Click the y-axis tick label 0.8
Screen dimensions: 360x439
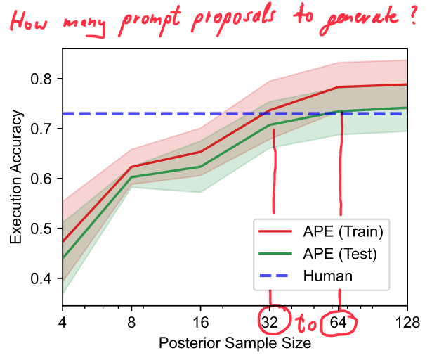(x=41, y=79)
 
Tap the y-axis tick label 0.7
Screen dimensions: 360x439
(x=41, y=129)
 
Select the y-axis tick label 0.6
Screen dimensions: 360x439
(x=41, y=179)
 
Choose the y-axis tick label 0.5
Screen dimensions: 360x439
(x=41, y=229)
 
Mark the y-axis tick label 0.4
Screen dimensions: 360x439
(x=41, y=278)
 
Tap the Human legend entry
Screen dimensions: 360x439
(x=327, y=276)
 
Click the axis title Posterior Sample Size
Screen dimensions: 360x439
(x=235, y=344)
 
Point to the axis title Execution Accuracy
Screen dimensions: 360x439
(x=16, y=179)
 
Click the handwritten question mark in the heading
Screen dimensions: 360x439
(x=414, y=15)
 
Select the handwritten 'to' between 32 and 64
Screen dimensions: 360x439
(x=306, y=326)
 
